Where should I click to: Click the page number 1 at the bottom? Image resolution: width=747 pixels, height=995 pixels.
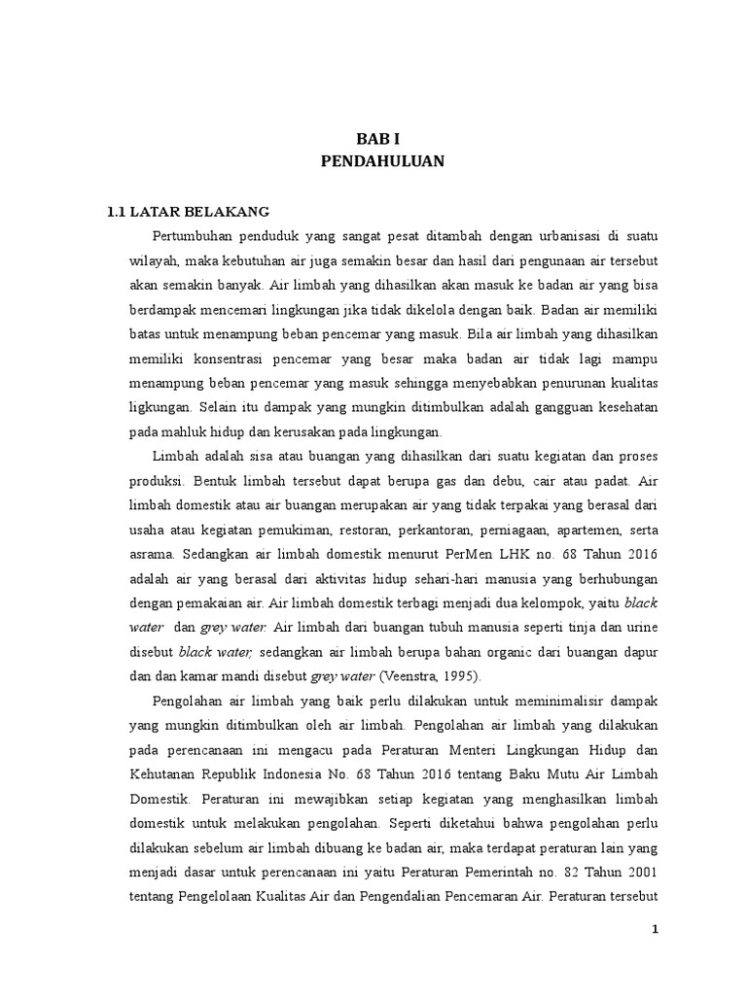[656, 929]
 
